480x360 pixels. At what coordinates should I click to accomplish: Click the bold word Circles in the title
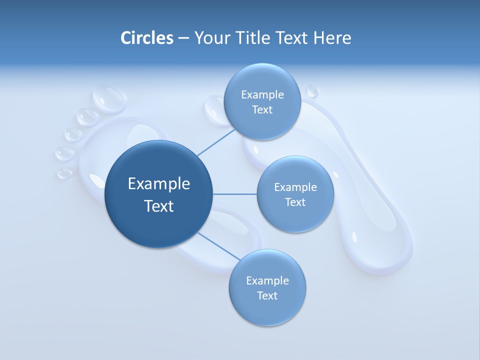pos(146,38)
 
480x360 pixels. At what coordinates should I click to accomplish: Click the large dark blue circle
pos(158,194)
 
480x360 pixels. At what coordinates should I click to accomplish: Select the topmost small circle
pos(262,101)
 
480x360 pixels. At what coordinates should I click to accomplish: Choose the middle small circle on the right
pos(295,194)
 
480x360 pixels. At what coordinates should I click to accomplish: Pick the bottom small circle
pos(267,287)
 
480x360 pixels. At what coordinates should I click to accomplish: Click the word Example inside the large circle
pos(158,183)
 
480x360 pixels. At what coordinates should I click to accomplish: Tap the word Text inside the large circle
pos(158,206)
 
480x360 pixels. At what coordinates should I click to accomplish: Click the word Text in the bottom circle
pos(267,295)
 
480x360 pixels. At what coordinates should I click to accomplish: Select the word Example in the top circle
pos(262,94)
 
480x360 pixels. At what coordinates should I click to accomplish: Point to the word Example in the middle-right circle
pos(295,187)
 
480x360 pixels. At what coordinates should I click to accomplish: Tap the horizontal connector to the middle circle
pos(234,194)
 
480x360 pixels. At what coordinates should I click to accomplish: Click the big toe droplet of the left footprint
pos(109,97)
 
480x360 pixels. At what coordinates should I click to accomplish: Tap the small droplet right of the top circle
pos(311,91)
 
